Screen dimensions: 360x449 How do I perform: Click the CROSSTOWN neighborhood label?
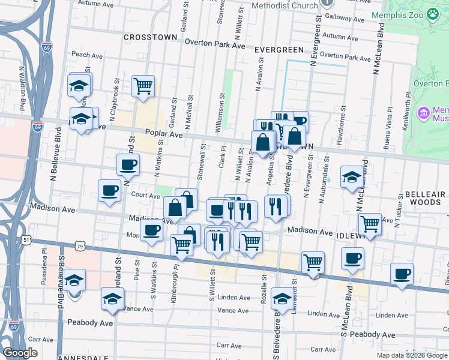coord(150,37)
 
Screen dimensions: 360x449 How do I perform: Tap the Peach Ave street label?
coord(85,54)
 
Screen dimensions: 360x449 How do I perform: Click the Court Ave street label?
coord(145,195)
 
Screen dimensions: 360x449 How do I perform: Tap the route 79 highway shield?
coord(80,245)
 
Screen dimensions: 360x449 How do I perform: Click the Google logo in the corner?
coord(20,353)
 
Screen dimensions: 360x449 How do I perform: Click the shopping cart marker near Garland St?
coord(143,86)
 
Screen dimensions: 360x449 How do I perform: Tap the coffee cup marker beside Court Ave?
coord(109,191)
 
